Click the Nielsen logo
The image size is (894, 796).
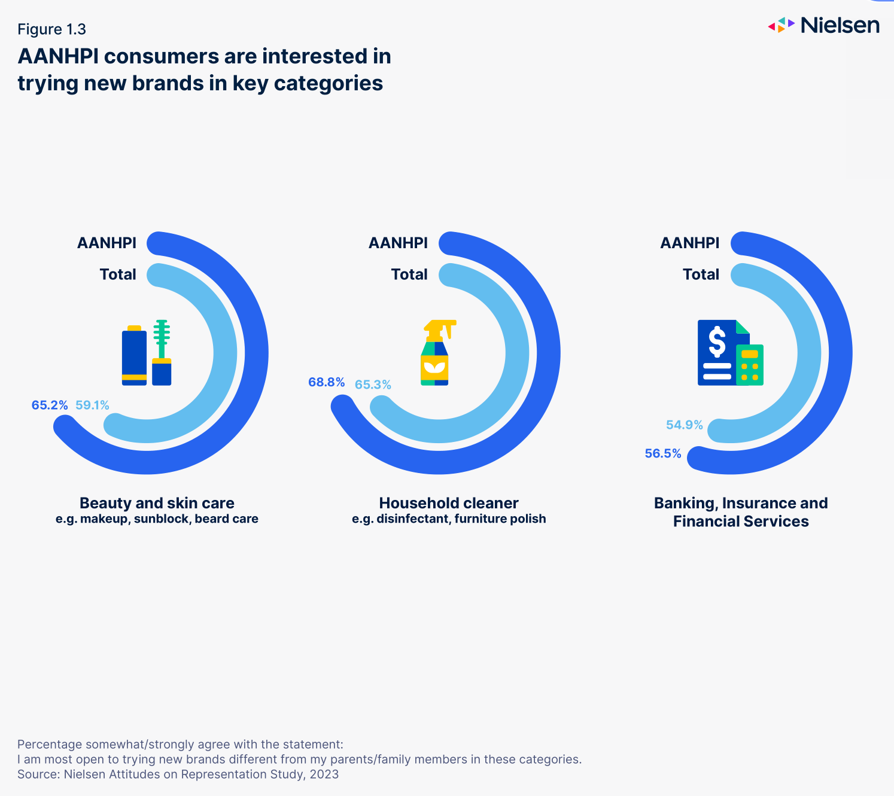coord(823,25)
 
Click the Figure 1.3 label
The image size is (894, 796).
coord(51,29)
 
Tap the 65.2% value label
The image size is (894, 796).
coord(50,405)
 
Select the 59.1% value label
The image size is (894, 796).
coord(92,405)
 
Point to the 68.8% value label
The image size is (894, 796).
coord(326,382)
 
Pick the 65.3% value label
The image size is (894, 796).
coord(373,385)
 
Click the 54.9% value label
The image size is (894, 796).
coord(684,425)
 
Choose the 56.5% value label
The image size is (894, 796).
coord(662,454)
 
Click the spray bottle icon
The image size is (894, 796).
coord(437,352)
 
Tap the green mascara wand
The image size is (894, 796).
coord(162,338)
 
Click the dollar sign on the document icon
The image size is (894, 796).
coord(716,341)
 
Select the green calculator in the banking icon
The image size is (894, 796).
coord(750,364)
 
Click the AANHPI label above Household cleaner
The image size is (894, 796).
coord(398,243)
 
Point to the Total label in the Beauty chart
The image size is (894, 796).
coord(118,275)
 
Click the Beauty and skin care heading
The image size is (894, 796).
coord(157,503)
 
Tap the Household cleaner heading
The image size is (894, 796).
coord(449,503)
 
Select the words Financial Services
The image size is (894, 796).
coord(741,521)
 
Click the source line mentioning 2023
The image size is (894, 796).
coord(178,774)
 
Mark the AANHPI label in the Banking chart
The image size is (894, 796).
coord(689,243)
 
